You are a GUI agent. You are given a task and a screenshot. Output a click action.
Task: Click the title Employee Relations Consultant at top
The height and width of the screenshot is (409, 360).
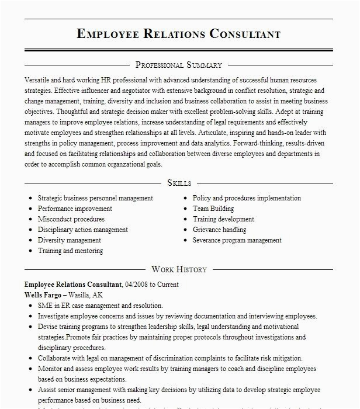tap(179, 34)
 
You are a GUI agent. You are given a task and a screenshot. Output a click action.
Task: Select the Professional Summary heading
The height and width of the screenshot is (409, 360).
tap(179, 65)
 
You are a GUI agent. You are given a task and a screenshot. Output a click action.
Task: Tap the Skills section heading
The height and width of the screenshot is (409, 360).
tap(179, 183)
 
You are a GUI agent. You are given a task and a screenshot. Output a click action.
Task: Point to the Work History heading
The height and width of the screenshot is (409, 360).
tap(179, 269)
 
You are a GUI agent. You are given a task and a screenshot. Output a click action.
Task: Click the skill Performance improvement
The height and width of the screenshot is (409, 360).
tap(75, 209)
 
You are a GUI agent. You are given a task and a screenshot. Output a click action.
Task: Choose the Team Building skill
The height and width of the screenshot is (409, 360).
tap(213, 209)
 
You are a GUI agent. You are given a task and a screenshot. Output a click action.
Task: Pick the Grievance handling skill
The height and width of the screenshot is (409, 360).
tap(219, 230)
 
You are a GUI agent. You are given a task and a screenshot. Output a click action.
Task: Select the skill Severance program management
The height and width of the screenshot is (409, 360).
tap(237, 240)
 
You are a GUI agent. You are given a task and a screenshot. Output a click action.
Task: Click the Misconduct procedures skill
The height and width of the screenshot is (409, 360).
tap(71, 219)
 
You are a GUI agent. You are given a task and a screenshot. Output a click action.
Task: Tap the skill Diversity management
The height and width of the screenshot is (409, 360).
tap(70, 240)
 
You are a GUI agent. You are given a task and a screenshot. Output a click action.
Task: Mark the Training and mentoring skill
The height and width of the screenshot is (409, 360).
tap(70, 251)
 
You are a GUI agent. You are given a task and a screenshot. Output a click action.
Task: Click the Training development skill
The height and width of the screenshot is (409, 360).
tap(223, 219)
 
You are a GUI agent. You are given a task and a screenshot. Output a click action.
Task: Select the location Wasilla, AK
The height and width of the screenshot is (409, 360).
tap(89, 295)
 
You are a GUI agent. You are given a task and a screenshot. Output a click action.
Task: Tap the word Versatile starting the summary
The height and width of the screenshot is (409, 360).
tap(38, 78)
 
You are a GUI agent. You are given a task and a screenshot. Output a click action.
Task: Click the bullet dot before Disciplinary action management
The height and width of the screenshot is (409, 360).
tap(30, 230)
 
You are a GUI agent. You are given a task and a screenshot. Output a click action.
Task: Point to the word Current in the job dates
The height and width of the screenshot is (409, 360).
tap(167, 285)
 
